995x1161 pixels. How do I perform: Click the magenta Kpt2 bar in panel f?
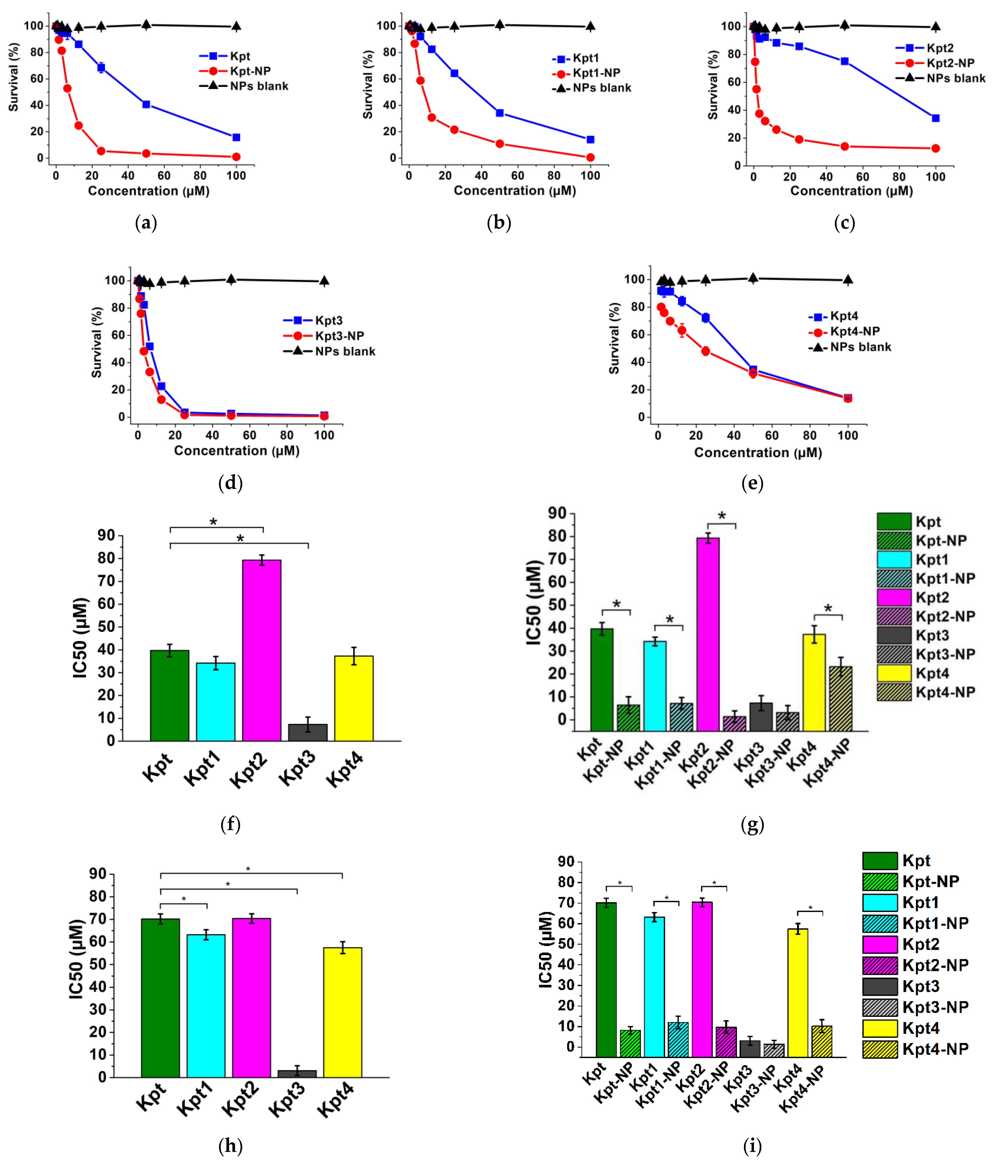pyautogui.click(x=262, y=650)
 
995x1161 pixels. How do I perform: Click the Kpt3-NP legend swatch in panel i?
pyautogui.click(x=880, y=1007)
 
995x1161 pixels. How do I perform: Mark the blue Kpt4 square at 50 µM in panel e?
pyautogui.click(x=753, y=370)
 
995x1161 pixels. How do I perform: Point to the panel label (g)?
pyautogui.click(x=752, y=824)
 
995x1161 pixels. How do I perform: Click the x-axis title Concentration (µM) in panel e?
pyautogui.click(x=758, y=453)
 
